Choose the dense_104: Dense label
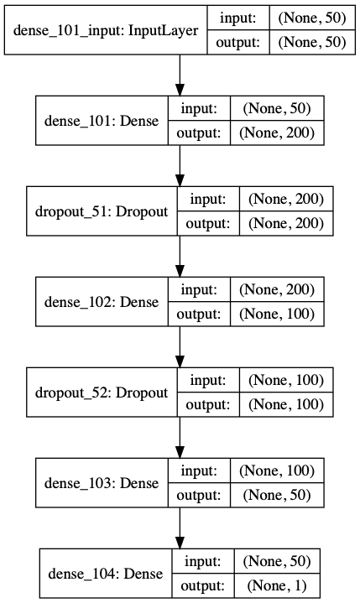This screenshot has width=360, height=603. tap(96, 574)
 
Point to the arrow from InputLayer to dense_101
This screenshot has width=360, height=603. tap(180, 75)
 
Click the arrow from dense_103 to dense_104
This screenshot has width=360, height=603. tap(180, 528)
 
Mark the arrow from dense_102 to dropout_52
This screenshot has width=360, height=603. tap(180, 347)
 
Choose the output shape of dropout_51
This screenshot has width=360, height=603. tap(285, 222)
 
